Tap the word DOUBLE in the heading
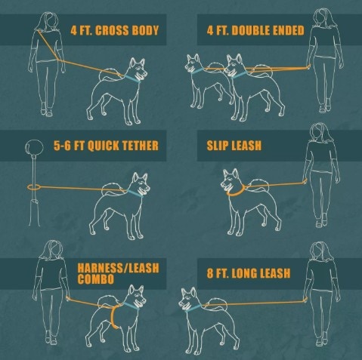[248, 30]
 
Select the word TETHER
[141, 146]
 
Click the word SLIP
[216, 146]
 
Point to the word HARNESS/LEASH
[118, 268]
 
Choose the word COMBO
[96, 279]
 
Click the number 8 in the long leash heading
[210, 273]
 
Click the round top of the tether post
[34, 147]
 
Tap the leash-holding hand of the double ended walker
[308, 66]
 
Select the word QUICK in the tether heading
[104, 146]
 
